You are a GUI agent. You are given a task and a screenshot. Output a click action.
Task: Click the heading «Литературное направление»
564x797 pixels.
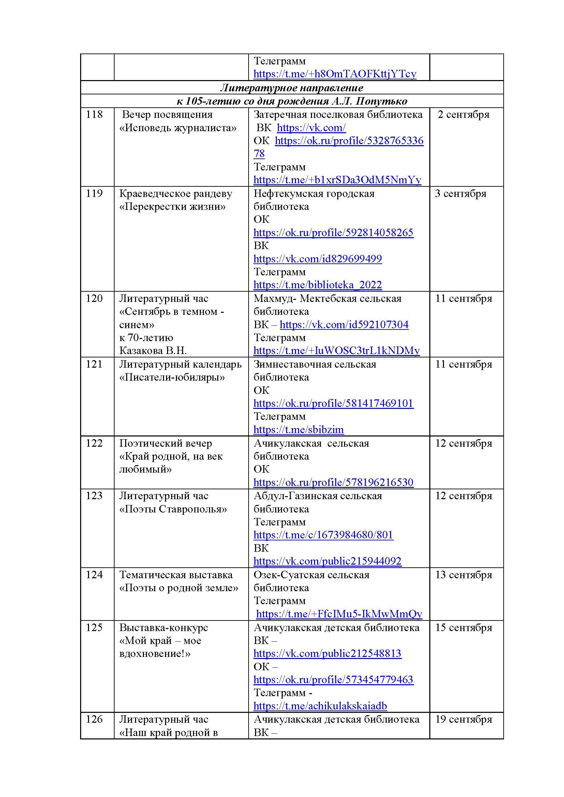pyautogui.click(x=292, y=88)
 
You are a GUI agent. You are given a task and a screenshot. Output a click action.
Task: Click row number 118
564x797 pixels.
pyautogui.click(x=94, y=114)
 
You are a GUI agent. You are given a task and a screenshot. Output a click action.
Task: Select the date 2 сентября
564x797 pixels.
pyautogui.click(x=463, y=114)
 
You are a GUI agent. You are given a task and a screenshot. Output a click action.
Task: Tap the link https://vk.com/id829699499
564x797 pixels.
pyautogui.click(x=317, y=259)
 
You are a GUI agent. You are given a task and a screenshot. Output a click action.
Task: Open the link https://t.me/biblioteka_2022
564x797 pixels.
pyautogui.click(x=317, y=285)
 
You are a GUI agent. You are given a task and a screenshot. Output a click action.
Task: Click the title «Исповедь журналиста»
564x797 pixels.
pyautogui.click(x=178, y=128)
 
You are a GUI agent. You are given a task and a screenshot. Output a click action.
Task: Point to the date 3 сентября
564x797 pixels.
pyautogui.click(x=460, y=193)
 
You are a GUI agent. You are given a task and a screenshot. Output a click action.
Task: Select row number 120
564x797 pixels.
pyautogui.click(x=94, y=298)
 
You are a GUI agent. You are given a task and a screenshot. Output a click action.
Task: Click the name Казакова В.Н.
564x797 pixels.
pyautogui.click(x=153, y=351)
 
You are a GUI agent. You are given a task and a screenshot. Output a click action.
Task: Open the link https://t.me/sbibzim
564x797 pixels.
pyautogui.click(x=299, y=430)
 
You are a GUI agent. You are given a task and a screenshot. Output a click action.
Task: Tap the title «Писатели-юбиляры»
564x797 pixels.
pyautogui.click(x=172, y=377)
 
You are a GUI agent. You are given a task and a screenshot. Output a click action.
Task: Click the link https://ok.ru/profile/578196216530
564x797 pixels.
pyautogui.click(x=333, y=482)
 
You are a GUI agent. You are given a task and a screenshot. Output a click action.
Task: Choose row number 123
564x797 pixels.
pyautogui.click(x=94, y=496)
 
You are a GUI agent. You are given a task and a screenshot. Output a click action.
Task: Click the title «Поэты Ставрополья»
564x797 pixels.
pyautogui.click(x=173, y=509)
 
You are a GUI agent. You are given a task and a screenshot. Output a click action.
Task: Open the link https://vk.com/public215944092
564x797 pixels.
pyautogui.click(x=327, y=561)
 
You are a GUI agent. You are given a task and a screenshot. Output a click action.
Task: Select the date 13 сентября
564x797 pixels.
pyautogui.click(x=464, y=575)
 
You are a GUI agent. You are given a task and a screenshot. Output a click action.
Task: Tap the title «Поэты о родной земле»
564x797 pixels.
pyautogui.click(x=178, y=588)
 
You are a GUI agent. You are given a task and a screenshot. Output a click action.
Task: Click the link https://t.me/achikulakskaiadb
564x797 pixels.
pyautogui.click(x=320, y=706)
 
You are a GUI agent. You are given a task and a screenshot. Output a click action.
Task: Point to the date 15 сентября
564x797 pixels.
pyautogui.click(x=464, y=628)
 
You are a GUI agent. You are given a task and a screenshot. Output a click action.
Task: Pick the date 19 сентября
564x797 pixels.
pyautogui.click(x=464, y=719)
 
